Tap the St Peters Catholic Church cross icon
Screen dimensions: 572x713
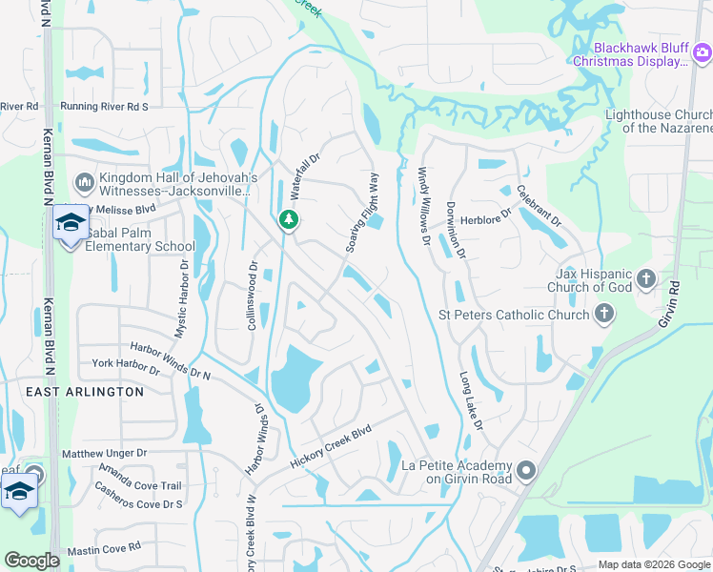(x=602, y=314)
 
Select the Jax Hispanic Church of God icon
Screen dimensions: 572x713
(x=646, y=278)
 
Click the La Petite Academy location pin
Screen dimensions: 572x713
(x=525, y=471)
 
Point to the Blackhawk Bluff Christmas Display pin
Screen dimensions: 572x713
(x=702, y=53)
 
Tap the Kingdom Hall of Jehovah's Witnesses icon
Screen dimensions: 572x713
(x=84, y=180)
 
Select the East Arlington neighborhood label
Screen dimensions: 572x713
(x=85, y=392)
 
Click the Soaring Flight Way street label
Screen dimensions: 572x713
(x=363, y=214)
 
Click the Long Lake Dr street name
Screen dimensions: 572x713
(x=471, y=400)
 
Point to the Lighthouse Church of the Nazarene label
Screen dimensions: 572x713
(x=659, y=121)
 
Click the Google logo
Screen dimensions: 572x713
(x=31, y=561)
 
